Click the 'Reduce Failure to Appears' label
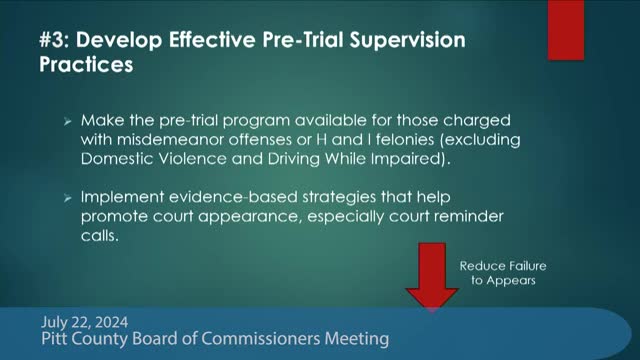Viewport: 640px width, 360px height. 497,273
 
